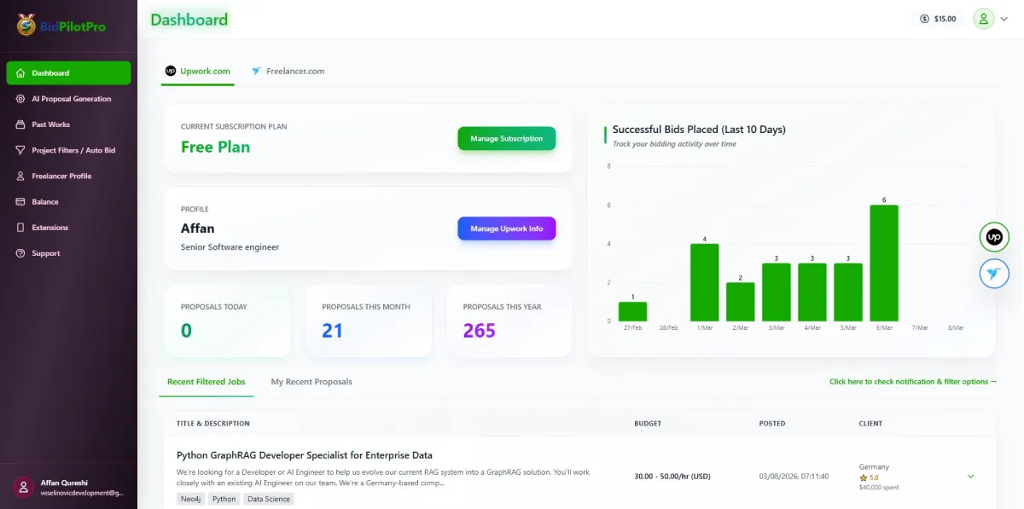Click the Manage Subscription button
(506, 138)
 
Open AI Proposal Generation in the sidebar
(71, 99)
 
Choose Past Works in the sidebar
(50, 124)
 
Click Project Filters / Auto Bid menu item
(73, 150)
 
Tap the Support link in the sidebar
(46, 253)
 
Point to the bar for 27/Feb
(632, 311)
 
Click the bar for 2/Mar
(740, 302)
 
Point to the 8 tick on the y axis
(608, 166)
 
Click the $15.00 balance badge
(938, 19)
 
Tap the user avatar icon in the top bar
(984, 19)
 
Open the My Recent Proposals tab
(311, 381)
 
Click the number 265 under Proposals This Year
(479, 330)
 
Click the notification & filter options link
(912, 381)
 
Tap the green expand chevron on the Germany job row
(970, 477)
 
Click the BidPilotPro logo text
(73, 26)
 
